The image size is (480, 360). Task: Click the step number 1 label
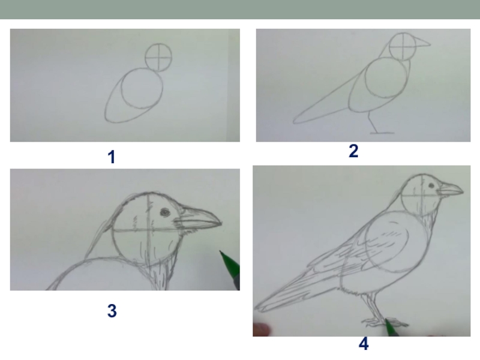(112, 157)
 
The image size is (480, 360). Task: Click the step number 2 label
(353, 151)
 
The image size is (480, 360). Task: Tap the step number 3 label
(112, 310)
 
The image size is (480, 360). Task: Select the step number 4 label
(364, 343)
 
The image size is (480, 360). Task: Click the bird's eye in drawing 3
(165, 212)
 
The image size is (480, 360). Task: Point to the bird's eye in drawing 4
(431, 185)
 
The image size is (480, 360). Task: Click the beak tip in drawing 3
(221, 223)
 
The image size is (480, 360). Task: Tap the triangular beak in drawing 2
(422, 43)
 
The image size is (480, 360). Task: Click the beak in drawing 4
(450, 189)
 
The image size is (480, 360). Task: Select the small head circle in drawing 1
(145, 57)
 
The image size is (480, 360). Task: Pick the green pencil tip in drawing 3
(221, 253)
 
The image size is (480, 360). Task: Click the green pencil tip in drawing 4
(386, 320)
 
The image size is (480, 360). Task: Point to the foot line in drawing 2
(382, 133)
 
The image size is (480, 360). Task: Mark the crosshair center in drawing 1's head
(158, 58)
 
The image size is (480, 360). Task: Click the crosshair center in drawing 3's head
(149, 229)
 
